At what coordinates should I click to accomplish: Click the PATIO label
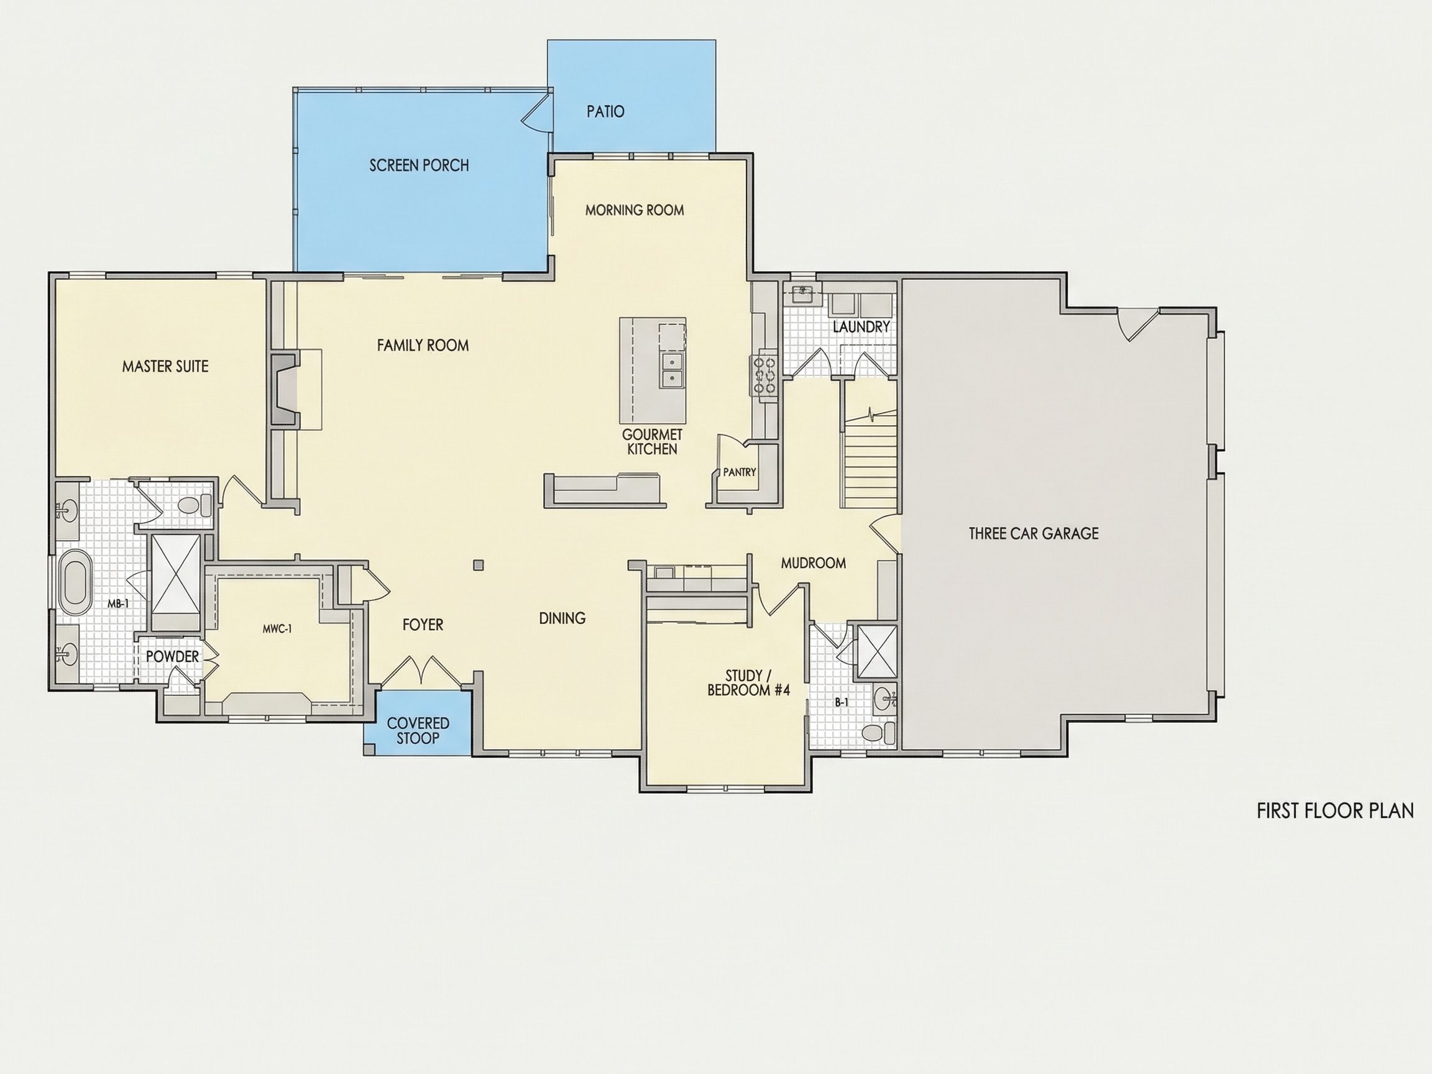605,111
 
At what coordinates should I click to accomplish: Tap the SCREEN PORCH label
419,166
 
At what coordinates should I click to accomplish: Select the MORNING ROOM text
635,209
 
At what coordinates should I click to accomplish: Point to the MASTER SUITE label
165,367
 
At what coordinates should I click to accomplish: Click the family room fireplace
284,389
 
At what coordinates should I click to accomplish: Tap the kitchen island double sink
672,370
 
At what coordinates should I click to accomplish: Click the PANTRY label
739,472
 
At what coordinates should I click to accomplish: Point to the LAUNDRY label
861,327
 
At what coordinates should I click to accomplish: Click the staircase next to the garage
870,453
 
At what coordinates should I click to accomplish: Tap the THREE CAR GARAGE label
1034,533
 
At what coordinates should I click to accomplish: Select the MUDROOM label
813,563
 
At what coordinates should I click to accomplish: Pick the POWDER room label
172,656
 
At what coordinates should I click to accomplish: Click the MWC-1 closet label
277,628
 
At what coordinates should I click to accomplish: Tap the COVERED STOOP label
418,730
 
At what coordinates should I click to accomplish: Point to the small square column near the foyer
479,565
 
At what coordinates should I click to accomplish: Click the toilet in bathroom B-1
878,733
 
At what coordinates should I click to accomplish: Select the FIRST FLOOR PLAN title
1335,810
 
